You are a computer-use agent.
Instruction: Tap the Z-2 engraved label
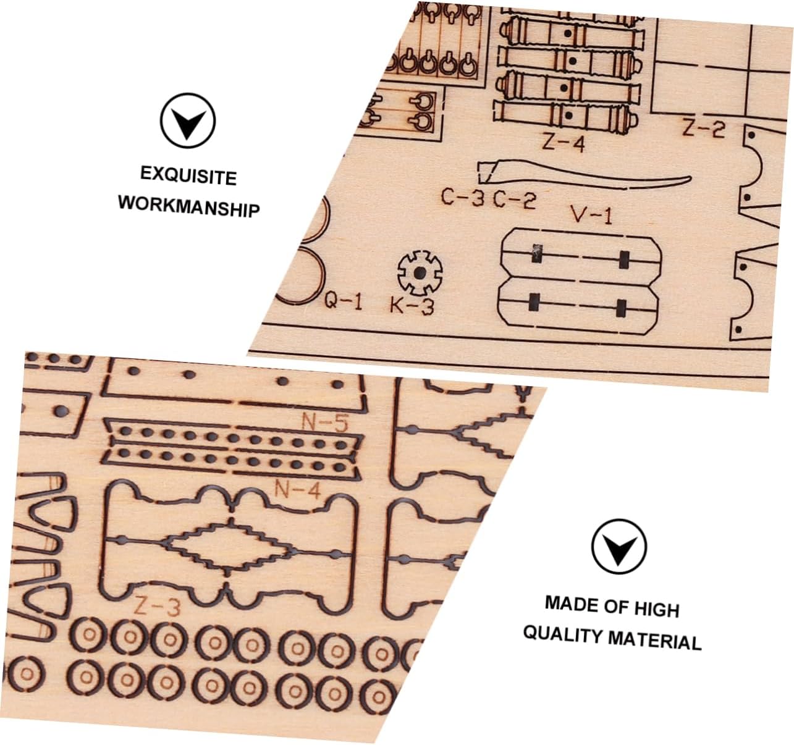pyautogui.click(x=703, y=129)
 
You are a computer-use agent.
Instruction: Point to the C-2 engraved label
pyautogui.click(x=514, y=200)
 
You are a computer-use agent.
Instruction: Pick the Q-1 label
pyautogui.click(x=344, y=301)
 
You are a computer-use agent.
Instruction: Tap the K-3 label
pyautogui.click(x=412, y=305)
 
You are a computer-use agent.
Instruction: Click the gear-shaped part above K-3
pyautogui.click(x=420, y=272)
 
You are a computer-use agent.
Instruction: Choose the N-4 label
pyautogui.click(x=297, y=490)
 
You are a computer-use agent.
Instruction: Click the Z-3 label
pyautogui.click(x=157, y=608)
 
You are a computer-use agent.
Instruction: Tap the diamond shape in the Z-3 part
pyautogui.click(x=226, y=545)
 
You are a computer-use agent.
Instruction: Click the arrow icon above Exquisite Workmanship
pyautogui.click(x=188, y=120)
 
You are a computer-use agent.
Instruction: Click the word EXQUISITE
pyautogui.click(x=188, y=175)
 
